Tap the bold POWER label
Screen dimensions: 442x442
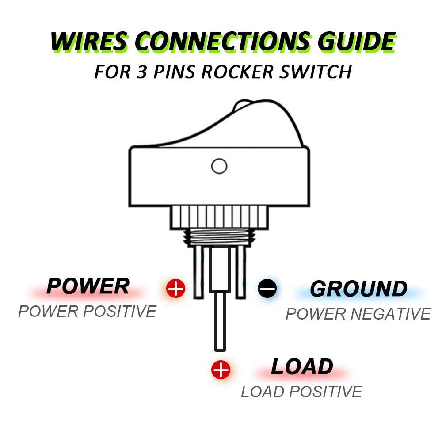tap(88, 286)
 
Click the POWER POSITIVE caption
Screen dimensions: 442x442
tap(87, 312)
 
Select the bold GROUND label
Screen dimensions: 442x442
tap(358, 289)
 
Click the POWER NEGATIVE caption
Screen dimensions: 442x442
tap(358, 314)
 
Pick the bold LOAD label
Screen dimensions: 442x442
tap(302, 367)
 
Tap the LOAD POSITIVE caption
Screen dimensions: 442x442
tap(301, 392)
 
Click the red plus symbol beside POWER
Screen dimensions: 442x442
tap(175, 289)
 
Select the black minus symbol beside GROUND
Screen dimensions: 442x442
tap(267, 289)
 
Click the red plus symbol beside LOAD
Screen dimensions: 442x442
tap(221, 370)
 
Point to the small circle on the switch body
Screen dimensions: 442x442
tap(219, 166)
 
